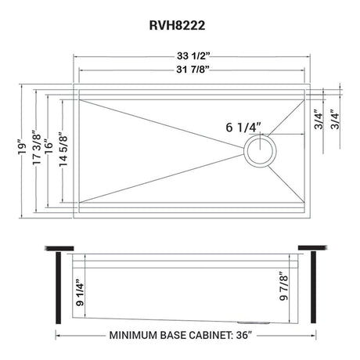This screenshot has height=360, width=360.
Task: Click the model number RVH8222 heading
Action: (x=179, y=24)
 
